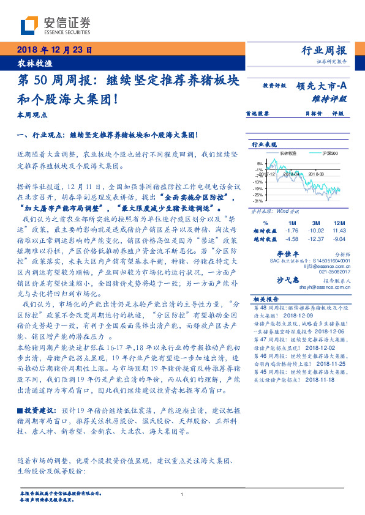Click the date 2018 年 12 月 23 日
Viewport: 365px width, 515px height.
(x=51, y=50)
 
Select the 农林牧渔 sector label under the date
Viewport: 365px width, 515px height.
(x=28, y=62)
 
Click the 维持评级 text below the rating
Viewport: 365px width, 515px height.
(x=333, y=98)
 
